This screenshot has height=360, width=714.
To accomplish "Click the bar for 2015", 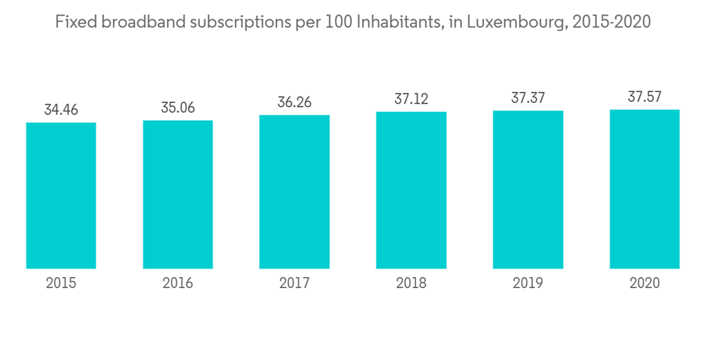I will [61, 195].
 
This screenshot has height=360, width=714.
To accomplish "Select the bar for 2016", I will [178, 194].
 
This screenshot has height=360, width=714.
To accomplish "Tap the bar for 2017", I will [294, 191].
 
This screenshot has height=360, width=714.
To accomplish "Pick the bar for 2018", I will [411, 190].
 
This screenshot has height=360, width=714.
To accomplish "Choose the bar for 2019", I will [528, 189].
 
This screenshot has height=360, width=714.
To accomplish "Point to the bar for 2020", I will [645, 189].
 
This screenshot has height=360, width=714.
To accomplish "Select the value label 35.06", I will [178, 108].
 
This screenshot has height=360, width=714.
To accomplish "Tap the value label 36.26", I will [294, 103].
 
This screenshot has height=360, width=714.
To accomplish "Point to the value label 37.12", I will [411, 99].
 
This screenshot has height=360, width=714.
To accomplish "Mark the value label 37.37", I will [528, 99].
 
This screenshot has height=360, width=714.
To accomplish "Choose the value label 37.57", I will [645, 98].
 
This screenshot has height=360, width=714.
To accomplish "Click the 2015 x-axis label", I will [61, 284].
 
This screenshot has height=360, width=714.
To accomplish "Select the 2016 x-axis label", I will [178, 284].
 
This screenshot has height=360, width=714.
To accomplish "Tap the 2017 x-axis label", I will [294, 284].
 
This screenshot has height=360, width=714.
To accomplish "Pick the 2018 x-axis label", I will [411, 284].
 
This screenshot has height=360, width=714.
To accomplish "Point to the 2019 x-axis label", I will [528, 284].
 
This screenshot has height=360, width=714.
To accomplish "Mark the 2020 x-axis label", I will [645, 284].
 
